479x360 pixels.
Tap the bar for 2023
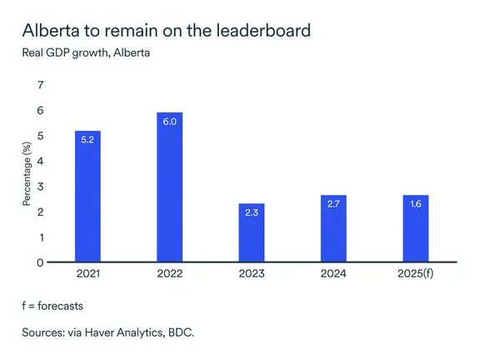pos(251,232)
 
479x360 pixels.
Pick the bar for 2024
pos(333,228)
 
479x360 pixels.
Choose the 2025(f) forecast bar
pos(415,228)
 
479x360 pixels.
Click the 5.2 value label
pos(88,140)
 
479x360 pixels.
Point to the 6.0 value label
pos(169,121)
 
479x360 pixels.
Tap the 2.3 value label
pos(251,212)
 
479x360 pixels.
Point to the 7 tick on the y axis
pos(40,85)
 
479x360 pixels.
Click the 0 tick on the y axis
pos(40,262)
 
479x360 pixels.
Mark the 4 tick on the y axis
pos(40,161)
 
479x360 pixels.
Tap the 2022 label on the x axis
pos(169,274)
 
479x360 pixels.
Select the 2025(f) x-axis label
pos(415,274)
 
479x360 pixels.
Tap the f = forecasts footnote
pos(53,306)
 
